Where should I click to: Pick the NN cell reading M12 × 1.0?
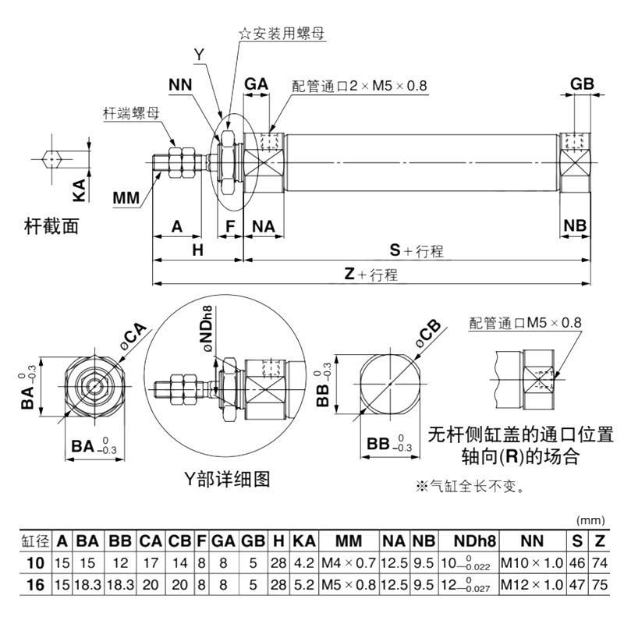(530, 581)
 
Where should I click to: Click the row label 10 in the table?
(34, 561)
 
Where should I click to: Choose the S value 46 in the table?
(578, 561)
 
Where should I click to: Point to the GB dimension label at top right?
(583, 84)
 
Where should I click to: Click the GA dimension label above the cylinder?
(257, 84)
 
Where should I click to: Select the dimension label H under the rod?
(197, 250)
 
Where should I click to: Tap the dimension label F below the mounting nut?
(229, 226)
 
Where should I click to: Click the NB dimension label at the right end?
(575, 226)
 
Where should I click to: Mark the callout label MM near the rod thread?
(126, 197)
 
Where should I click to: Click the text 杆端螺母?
(131, 112)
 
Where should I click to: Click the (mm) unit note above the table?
(589, 520)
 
